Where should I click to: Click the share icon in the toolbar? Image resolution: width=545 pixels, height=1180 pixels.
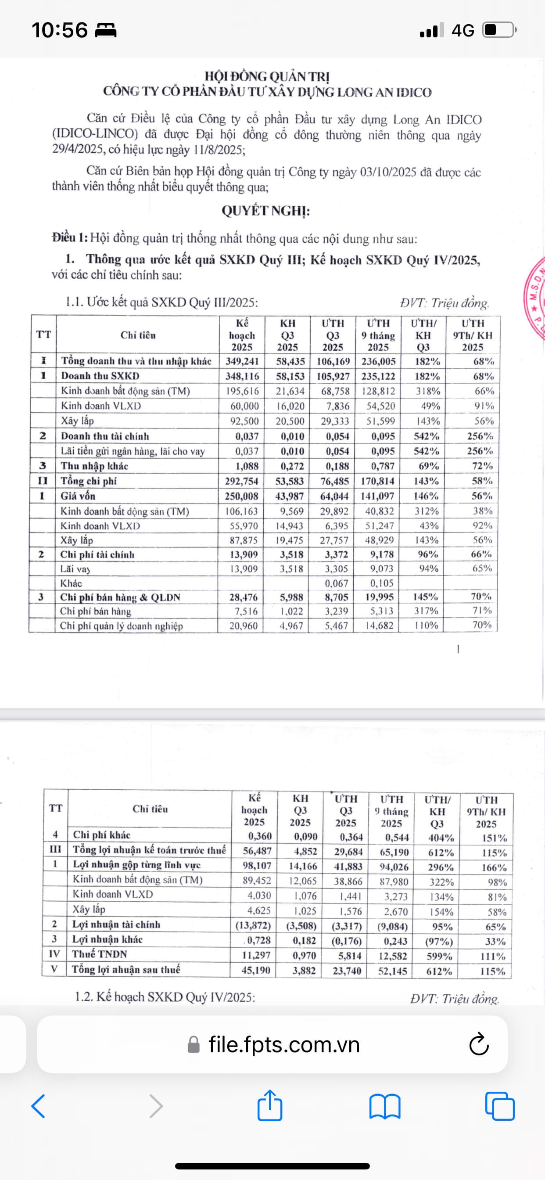point(270,1106)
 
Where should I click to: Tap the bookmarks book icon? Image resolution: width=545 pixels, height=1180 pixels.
point(385,1106)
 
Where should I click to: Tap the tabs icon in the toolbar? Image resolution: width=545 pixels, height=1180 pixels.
point(500,1106)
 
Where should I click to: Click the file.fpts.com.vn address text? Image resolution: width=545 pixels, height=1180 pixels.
point(284,1044)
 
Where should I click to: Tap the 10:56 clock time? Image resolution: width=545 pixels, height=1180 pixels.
point(60,30)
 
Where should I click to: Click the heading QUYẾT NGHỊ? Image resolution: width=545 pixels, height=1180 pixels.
point(265,211)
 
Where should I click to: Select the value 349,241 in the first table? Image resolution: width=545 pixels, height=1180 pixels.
point(242,361)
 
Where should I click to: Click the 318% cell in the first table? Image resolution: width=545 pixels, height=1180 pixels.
point(427,391)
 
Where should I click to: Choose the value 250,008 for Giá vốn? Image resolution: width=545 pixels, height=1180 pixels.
point(241,496)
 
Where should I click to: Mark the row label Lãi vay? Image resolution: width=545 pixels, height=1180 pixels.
point(75,569)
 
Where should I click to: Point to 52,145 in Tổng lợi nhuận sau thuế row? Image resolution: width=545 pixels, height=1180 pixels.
point(392,971)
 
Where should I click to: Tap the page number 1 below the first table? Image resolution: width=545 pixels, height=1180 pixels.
point(458,649)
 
